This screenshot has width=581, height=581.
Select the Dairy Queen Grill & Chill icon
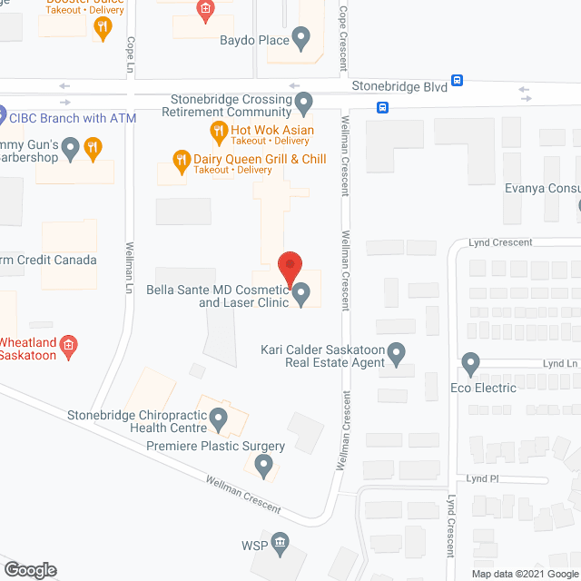181,163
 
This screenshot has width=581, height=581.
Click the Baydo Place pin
301,39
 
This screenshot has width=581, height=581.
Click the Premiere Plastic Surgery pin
263,468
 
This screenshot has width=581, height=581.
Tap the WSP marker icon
280,544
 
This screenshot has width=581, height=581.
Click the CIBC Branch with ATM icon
3,118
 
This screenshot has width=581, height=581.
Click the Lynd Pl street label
483,478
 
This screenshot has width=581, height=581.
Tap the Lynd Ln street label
560,362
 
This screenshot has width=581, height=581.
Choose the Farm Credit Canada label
50,261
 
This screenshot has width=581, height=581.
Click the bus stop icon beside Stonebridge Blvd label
459,80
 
